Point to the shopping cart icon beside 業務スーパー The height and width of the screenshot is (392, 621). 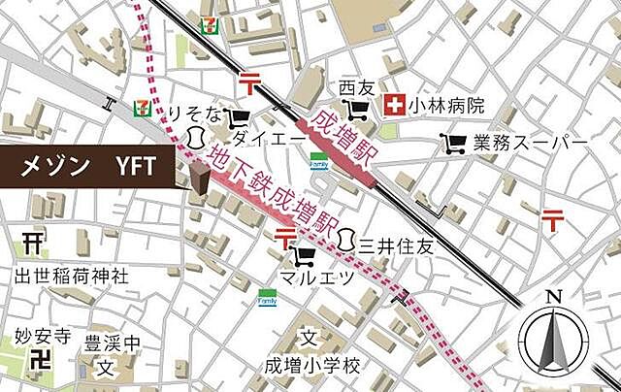click(x=453, y=145)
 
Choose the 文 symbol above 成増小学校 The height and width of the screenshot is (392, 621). click(x=308, y=338)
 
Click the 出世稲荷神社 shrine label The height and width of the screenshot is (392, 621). click(x=72, y=277)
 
